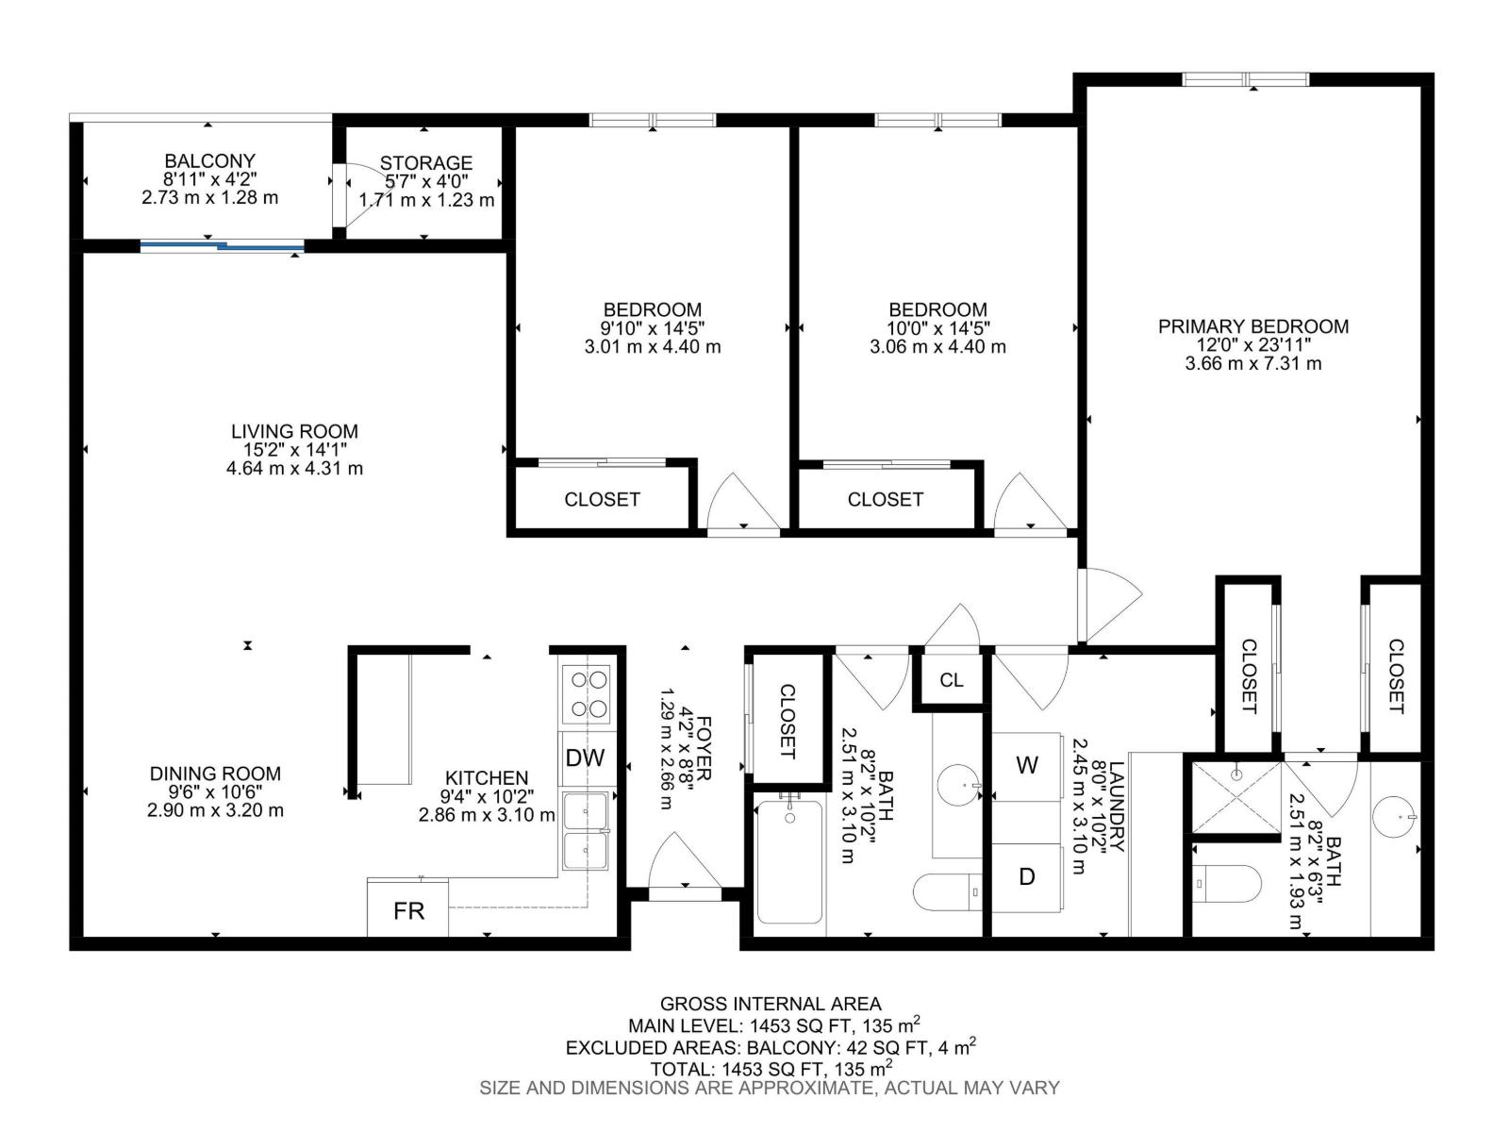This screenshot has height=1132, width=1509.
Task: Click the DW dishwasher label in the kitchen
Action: coord(585,757)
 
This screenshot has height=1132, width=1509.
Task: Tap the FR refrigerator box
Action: coord(408,910)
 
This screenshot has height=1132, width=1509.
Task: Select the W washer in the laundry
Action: coord(1027,765)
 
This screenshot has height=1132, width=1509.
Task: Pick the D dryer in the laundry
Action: coord(1027,876)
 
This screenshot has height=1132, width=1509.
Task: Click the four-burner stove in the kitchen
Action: coord(586,693)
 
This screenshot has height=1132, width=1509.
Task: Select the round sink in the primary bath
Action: coord(1395,817)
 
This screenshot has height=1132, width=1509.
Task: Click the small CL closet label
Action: coord(952,680)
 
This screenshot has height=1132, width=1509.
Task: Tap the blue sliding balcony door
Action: coord(223,246)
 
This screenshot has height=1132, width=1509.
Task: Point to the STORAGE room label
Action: coord(426,163)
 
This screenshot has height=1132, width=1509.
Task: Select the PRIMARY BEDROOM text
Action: coord(1253,326)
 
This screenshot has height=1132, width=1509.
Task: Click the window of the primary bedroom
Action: coord(1246,79)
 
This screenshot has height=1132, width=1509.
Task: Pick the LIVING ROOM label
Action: coord(294,431)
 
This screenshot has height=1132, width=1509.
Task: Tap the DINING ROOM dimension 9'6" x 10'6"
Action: coord(215,791)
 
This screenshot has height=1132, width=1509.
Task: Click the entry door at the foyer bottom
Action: coord(685,891)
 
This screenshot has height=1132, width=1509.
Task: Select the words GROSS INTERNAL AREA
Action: coord(770,1004)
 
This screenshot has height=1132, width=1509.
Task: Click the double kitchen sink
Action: coord(586,831)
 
